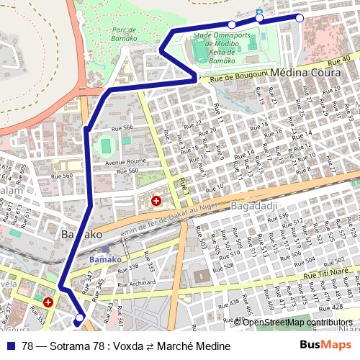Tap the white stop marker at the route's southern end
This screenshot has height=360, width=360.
click(x=79, y=318)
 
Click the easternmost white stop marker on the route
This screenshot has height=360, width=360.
click(x=300, y=18)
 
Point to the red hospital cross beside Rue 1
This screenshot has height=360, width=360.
click(x=156, y=202)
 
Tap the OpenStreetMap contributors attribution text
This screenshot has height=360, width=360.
click(x=298, y=323)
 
